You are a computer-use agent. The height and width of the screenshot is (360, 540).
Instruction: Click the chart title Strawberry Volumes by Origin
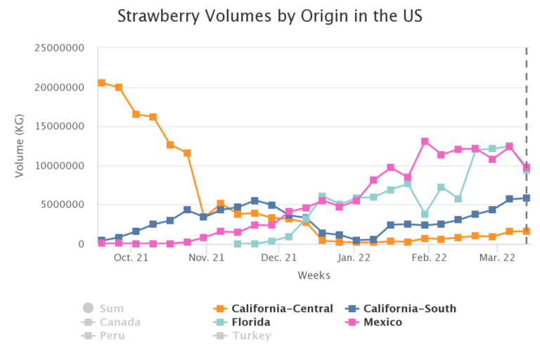[x=270, y=15]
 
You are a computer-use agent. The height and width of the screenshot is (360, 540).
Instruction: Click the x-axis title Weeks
[x=314, y=275]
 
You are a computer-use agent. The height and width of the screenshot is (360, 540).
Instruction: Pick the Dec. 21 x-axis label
[x=278, y=258]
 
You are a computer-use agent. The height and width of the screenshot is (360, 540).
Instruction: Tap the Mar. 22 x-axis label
[x=498, y=258]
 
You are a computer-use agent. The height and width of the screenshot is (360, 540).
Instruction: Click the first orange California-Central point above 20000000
[x=102, y=83]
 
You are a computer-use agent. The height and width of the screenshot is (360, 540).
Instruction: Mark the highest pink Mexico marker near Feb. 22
[x=425, y=141]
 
